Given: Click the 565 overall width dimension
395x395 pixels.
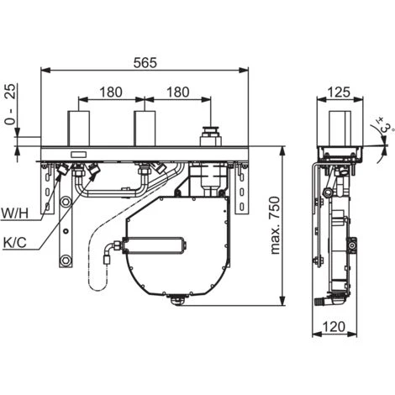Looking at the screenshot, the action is (145, 63).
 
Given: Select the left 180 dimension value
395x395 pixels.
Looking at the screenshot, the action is (111, 92).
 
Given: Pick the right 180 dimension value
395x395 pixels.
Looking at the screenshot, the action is (178, 92).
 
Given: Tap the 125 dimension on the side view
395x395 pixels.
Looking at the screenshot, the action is (339, 92).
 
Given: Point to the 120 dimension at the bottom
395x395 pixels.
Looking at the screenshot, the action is (334, 327).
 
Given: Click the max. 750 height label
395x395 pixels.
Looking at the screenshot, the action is (275, 225).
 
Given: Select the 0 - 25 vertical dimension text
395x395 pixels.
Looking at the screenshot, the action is (11, 104).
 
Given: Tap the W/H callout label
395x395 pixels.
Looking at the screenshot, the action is (15, 213).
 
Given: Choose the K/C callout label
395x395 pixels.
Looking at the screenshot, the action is (15, 243).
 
